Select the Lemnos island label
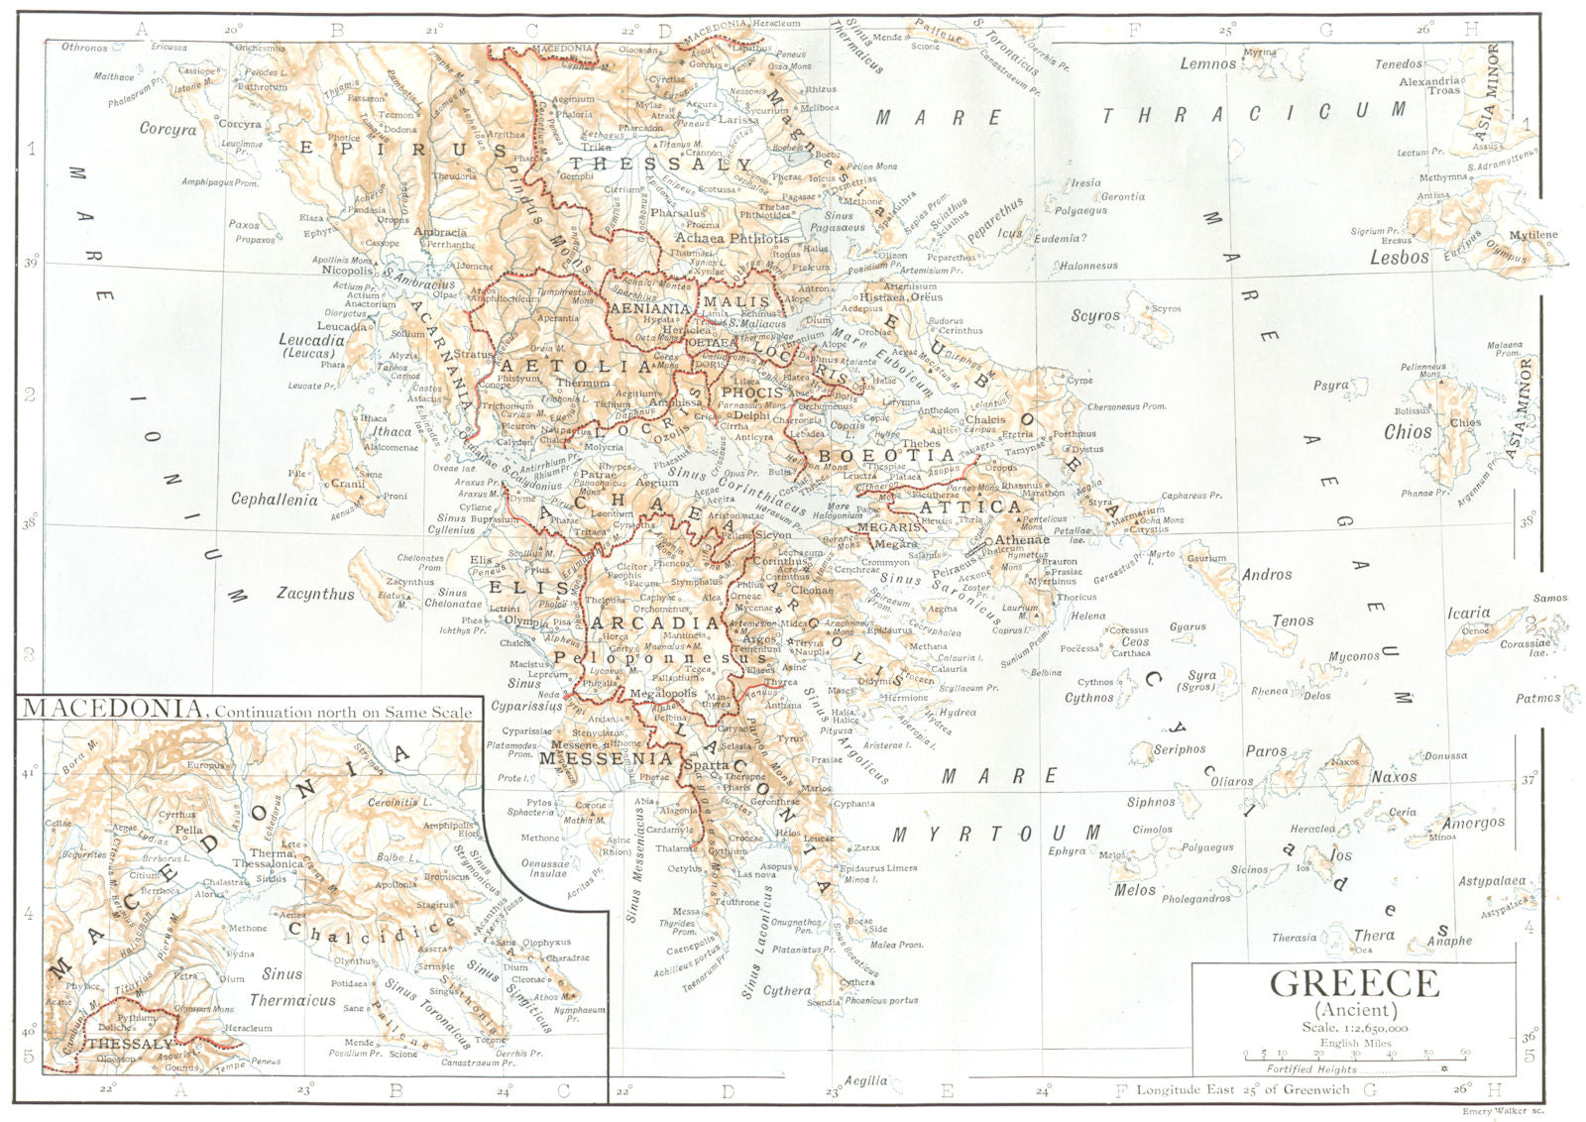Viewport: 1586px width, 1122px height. pyautogui.click(x=1207, y=63)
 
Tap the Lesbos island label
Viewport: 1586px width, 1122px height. pyautogui.click(x=1399, y=257)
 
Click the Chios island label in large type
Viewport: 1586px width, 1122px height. pyautogui.click(x=1408, y=432)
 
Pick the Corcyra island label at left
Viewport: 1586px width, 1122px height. pyautogui.click(x=168, y=129)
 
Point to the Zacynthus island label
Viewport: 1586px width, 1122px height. pyautogui.click(x=315, y=594)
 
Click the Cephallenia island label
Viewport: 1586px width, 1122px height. pyautogui.click(x=275, y=500)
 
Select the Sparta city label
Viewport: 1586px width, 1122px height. pyautogui.click(x=707, y=766)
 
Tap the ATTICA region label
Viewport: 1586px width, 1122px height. pyautogui.click(x=984, y=506)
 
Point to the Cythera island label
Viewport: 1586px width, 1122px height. pyautogui.click(x=786, y=990)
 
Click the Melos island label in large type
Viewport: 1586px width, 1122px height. pyautogui.click(x=1135, y=890)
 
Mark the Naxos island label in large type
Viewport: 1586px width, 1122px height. pyautogui.click(x=1394, y=777)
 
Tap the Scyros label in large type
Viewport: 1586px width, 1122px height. pyautogui.click(x=1095, y=316)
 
